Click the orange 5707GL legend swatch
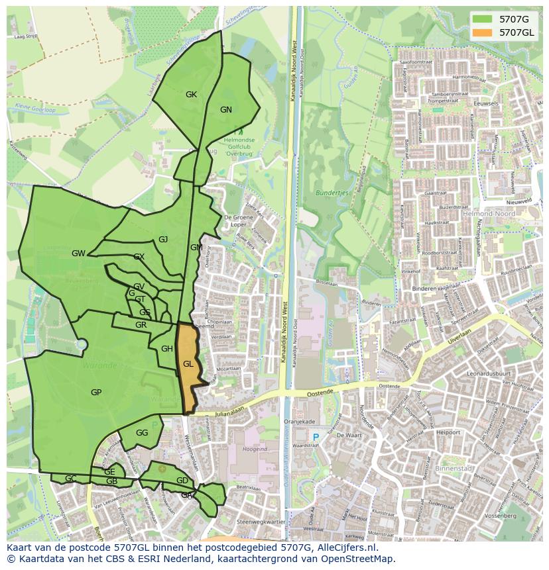point(482,32)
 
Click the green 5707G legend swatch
point(482,19)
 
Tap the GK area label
point(191,95)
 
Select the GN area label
point(226,110)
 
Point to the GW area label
point(78,254)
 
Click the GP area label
point(96,393)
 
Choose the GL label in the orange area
point(188,364)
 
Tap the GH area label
point(167,349)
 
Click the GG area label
point(142,433)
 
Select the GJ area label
point(163,240)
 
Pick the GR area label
point(141,325)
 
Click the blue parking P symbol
point(316,437)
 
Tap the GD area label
point(182,481)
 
